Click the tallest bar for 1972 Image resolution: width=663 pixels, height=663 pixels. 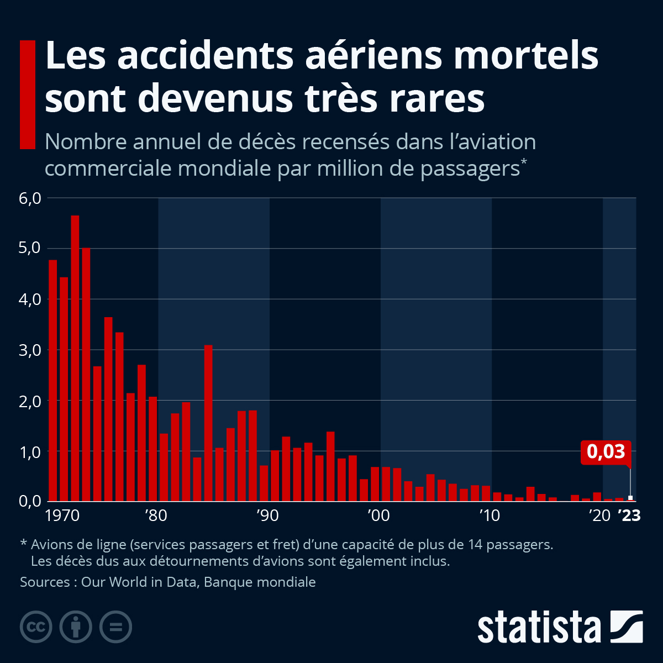(x=75, y=358)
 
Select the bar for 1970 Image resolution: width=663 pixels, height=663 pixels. (x=52, y=381)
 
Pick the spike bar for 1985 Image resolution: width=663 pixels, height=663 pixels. (x=208, y=423)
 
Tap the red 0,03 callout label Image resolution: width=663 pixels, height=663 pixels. (x=606, y=452)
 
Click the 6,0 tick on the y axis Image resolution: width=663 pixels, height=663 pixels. (x=30, y=198)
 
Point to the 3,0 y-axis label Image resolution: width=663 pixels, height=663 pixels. (x=30, y=350)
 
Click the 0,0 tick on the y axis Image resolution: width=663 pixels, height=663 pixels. (x=30, y=502)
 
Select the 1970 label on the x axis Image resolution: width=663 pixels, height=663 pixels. (x=62, y=515)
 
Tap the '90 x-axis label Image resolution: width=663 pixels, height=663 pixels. (x=267, y=515)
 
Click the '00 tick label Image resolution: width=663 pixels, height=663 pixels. (x=378, y=515)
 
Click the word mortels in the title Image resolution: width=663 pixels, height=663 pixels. (x=526, y=56)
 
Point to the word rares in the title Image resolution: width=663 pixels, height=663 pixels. (x=437, y=99)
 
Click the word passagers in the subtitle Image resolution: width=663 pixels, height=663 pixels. (x=470, y=169)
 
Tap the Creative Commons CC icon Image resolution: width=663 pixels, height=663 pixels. (x=36, y=627)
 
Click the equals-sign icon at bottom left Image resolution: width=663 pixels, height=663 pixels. (x=115, y=627)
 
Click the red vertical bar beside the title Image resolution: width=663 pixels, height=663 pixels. (x=28, y=94)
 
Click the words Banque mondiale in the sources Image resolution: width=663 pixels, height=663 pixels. (x=260, y=582)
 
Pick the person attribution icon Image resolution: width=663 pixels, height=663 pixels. (x=76, y=627)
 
